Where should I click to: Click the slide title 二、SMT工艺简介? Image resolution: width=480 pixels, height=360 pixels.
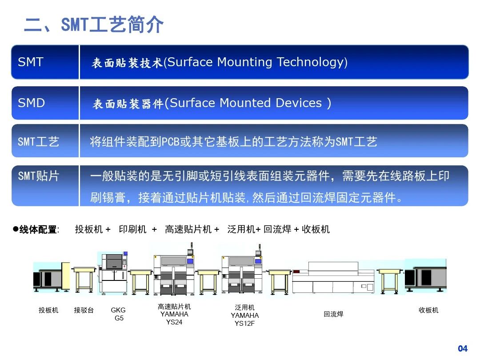[x=94, y=24]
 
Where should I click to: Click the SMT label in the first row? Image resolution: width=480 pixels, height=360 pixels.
[x=31, y=62]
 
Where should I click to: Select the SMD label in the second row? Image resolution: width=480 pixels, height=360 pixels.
[x=32, y=103]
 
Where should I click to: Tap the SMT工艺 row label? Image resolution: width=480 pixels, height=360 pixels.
[x=38, y=142]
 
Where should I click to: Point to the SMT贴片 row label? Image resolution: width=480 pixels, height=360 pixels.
[x=38, y=176]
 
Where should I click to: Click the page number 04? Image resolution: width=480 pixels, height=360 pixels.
[x=463, y=348]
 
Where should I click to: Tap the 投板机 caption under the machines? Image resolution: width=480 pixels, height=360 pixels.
[x=48, y=310]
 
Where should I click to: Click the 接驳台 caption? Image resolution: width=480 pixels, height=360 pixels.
[x=84, y=310]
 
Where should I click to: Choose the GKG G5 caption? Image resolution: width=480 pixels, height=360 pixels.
[x=119, y=314]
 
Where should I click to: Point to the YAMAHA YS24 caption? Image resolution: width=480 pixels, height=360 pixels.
[x=174, y=314]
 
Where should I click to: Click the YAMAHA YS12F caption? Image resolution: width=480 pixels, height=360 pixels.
[x=244, y=316]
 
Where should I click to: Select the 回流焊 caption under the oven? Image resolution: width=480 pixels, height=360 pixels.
[x=333, y=314]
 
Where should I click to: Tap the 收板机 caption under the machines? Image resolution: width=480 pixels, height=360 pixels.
[x=428, y=310]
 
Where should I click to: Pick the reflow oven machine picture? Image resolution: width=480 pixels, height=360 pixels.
[x=333, y=278]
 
